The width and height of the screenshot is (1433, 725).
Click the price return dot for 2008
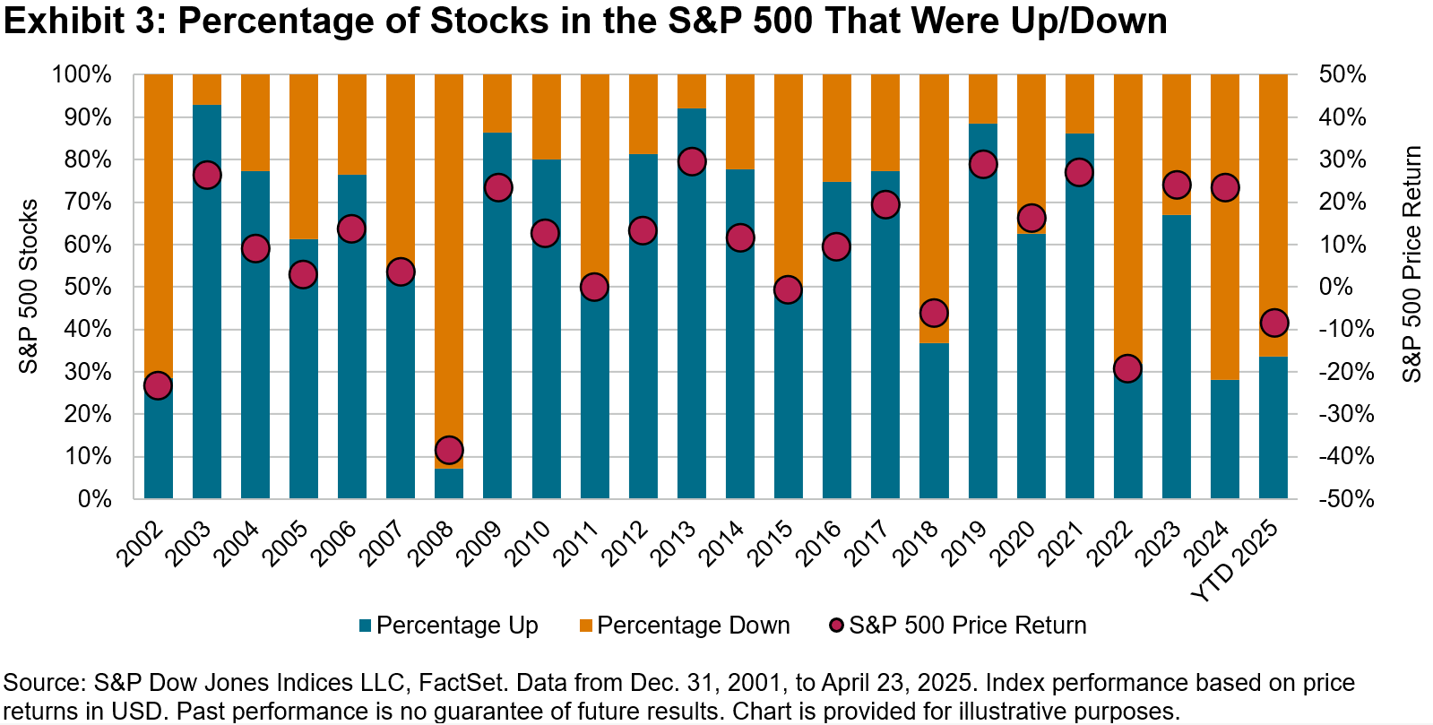click(449, 450)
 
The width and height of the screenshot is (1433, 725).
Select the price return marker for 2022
click(1127, 368)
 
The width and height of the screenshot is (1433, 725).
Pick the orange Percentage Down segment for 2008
click(449, 251)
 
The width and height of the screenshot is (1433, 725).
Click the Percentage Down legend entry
click(685, 626)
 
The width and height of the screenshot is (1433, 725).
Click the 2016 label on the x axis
click(822, 543)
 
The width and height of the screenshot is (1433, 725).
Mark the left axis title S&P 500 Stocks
click(29, 286)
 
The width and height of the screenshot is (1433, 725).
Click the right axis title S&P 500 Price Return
click(1411, 264)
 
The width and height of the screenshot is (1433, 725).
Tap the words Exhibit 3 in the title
click(77, 22)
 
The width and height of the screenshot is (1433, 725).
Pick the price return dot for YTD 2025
click(1273, 323)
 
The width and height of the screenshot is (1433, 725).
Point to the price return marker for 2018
click(934, 313)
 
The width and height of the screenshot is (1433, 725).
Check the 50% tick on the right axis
click(1342, 75)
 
